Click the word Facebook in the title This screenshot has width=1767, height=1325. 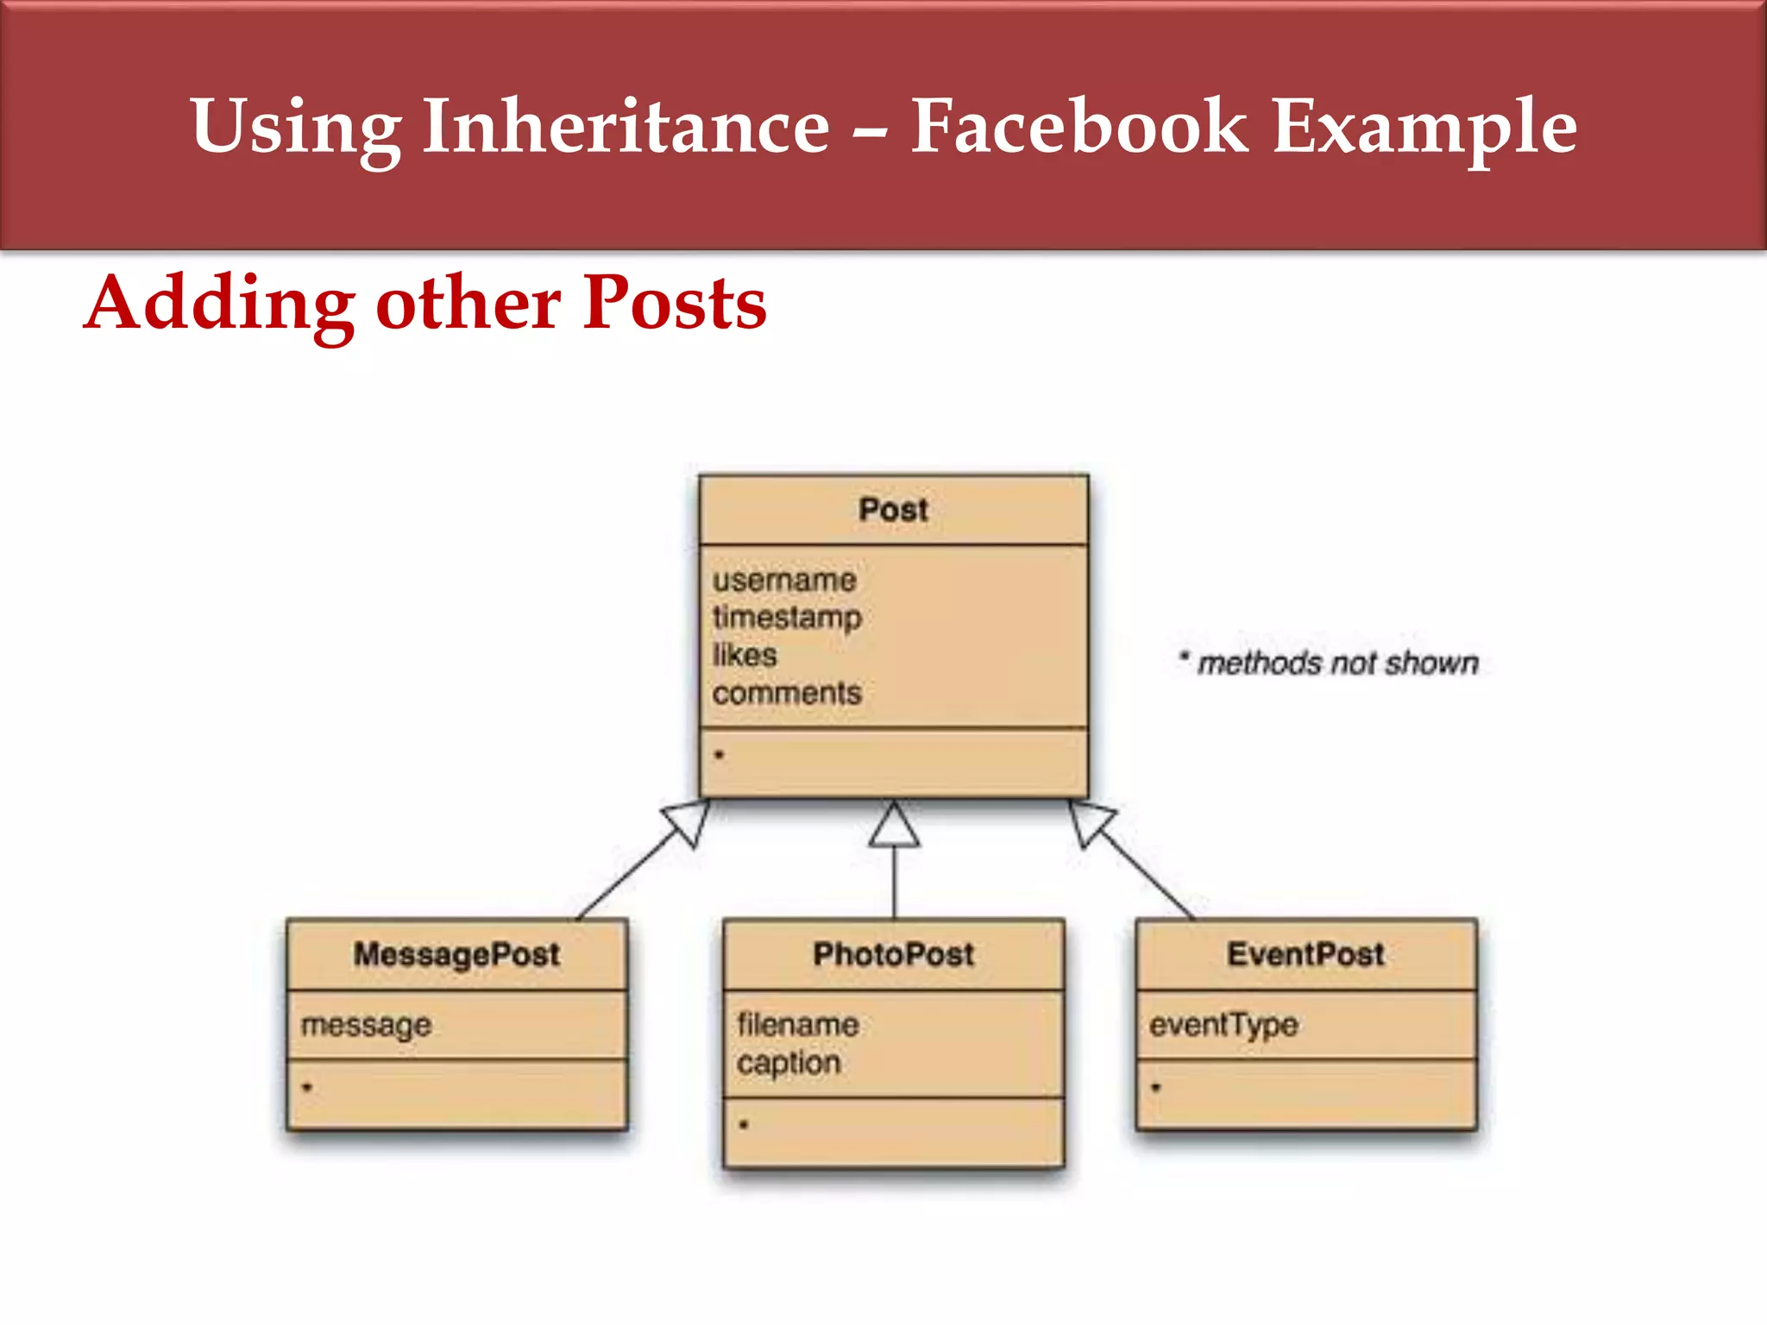1078,128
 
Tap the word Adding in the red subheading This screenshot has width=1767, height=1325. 221,304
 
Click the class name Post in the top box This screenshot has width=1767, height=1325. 893,510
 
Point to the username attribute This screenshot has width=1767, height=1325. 784,580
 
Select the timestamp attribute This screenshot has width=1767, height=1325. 787,618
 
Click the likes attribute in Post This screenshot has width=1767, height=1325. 745,656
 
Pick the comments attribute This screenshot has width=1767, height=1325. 787,694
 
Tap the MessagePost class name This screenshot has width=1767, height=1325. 456,955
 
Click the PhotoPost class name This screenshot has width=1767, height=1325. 893,955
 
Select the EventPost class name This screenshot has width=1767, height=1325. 1305,955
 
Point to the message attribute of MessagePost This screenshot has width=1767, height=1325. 366,1026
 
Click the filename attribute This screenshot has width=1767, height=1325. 798,1025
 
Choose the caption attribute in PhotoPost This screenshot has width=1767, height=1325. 789,1063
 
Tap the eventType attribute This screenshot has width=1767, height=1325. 1223,1025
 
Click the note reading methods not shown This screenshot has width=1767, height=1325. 1337,663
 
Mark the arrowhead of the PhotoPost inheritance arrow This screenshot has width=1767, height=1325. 894,826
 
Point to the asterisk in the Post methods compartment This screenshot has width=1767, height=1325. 719,756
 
